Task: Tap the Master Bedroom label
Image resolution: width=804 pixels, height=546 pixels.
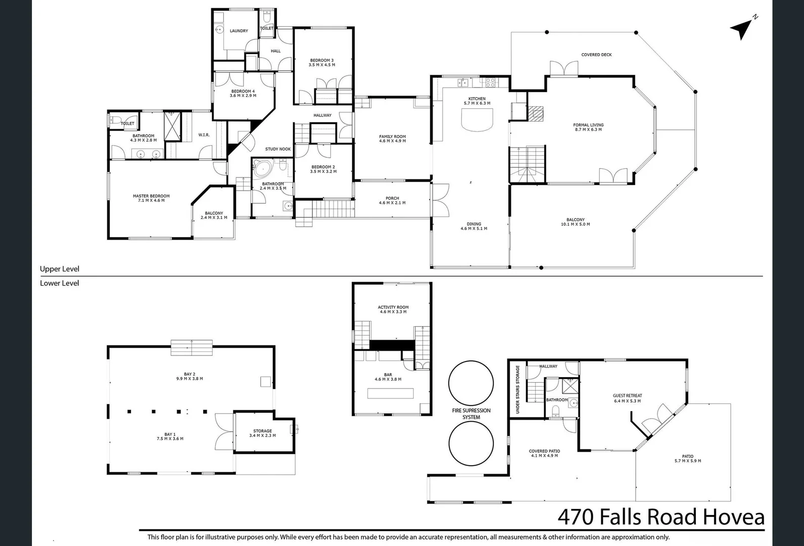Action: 151,196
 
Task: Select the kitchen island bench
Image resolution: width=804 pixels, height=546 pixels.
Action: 477,120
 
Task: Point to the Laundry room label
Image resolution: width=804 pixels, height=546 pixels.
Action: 239,31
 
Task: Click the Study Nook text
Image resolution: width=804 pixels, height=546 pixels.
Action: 278,149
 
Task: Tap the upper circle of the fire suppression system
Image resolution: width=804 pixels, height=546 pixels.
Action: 471,383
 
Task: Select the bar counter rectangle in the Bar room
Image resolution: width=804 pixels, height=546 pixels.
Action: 390,393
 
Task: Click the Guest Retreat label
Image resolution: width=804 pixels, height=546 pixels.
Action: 627,396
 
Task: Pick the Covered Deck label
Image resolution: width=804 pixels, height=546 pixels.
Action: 596,55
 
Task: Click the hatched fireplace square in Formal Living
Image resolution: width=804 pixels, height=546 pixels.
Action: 537,113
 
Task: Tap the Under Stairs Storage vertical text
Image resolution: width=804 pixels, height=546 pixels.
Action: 517,390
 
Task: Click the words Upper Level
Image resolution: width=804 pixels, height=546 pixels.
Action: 60,269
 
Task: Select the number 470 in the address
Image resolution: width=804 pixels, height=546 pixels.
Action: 576,517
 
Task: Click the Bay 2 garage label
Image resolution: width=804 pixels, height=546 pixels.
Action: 190,374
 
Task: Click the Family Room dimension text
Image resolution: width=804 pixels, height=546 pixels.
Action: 392,141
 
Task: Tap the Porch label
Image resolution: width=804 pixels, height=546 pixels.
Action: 392,198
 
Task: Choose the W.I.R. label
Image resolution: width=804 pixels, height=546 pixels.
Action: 204,135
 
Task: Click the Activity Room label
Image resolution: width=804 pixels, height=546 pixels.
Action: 393,307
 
